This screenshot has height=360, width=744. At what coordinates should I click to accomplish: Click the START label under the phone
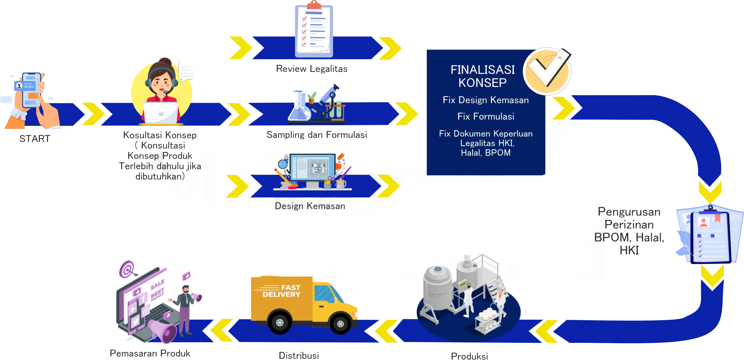coord(35,139)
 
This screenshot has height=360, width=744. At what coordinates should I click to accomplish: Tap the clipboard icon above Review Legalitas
coord(313,30)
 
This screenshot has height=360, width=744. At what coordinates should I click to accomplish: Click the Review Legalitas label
coord(311,69)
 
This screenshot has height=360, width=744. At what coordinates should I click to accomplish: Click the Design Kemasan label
coord(309,206)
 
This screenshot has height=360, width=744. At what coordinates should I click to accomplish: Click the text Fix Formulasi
coord(486,116)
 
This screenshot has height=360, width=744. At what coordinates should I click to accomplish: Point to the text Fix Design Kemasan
coord(486,100)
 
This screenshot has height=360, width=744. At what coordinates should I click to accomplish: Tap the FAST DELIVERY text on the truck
coord(282,291)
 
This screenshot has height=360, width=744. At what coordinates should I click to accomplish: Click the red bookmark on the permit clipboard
coord(717,218)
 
